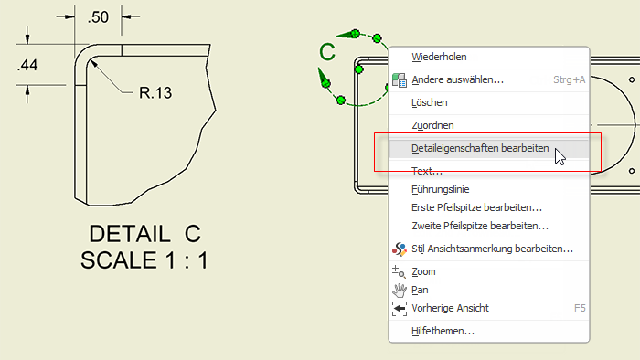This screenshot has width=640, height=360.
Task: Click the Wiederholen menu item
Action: [439, 57]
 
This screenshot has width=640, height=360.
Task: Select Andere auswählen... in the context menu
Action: [457, 79]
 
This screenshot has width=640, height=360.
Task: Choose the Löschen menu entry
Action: [430, 102]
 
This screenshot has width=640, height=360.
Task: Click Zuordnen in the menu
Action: [432, 125]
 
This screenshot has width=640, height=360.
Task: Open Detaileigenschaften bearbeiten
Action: [480, 148]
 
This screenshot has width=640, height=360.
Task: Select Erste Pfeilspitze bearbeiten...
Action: [476, 208]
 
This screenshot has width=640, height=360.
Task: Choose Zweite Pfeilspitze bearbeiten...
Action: [480, 227]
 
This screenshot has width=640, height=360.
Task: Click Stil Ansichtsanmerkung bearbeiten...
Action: [492, 249]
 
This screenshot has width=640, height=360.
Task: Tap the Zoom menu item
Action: [423, 272]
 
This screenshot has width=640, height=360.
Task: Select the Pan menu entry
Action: [420, 291]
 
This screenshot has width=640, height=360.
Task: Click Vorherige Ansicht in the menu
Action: [450, 308]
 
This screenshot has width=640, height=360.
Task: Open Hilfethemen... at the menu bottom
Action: [443, 331]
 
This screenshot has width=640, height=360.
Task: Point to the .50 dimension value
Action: [98, 17]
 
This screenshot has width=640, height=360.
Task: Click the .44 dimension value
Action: [27, 65]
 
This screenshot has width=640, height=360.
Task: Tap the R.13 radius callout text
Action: [155, 93]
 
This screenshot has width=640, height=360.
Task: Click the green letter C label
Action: [327, 52]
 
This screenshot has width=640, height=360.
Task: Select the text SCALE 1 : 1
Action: [144, 260]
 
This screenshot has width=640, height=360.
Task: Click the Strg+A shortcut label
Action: [569, 79]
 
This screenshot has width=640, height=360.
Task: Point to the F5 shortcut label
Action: [580, 308]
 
